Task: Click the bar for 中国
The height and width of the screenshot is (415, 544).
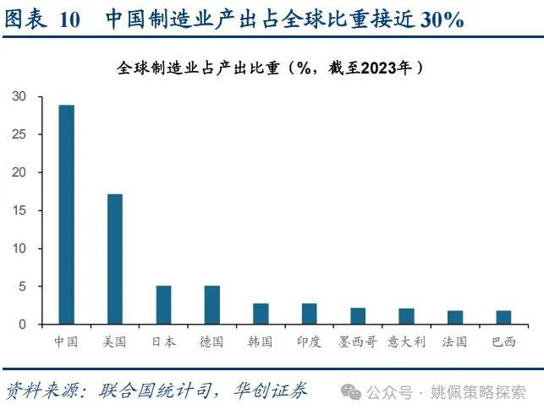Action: click(x=66, y=215)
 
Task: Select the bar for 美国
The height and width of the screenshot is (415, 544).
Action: click(x=114, y=259)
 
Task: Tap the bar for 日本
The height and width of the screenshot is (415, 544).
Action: click(x=163, y=305)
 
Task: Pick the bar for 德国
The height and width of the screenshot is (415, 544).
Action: click(x=212, y=305)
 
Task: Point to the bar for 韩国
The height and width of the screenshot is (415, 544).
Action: click(x=261, y=314)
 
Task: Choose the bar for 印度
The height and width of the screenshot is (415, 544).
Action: click(x=309, y=314)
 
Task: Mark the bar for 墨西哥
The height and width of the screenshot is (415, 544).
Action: click(x=358, y=316)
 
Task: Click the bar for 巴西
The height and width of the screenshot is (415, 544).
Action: click(x=503, y=318)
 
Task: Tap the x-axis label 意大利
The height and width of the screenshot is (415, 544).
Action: click(x=406, y=342)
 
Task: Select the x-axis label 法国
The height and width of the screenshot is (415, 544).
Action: click(x=454, y=342)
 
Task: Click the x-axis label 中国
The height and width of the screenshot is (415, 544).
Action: click(x=66, y=342)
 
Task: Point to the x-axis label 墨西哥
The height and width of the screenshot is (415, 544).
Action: click(x=358, y=342)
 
